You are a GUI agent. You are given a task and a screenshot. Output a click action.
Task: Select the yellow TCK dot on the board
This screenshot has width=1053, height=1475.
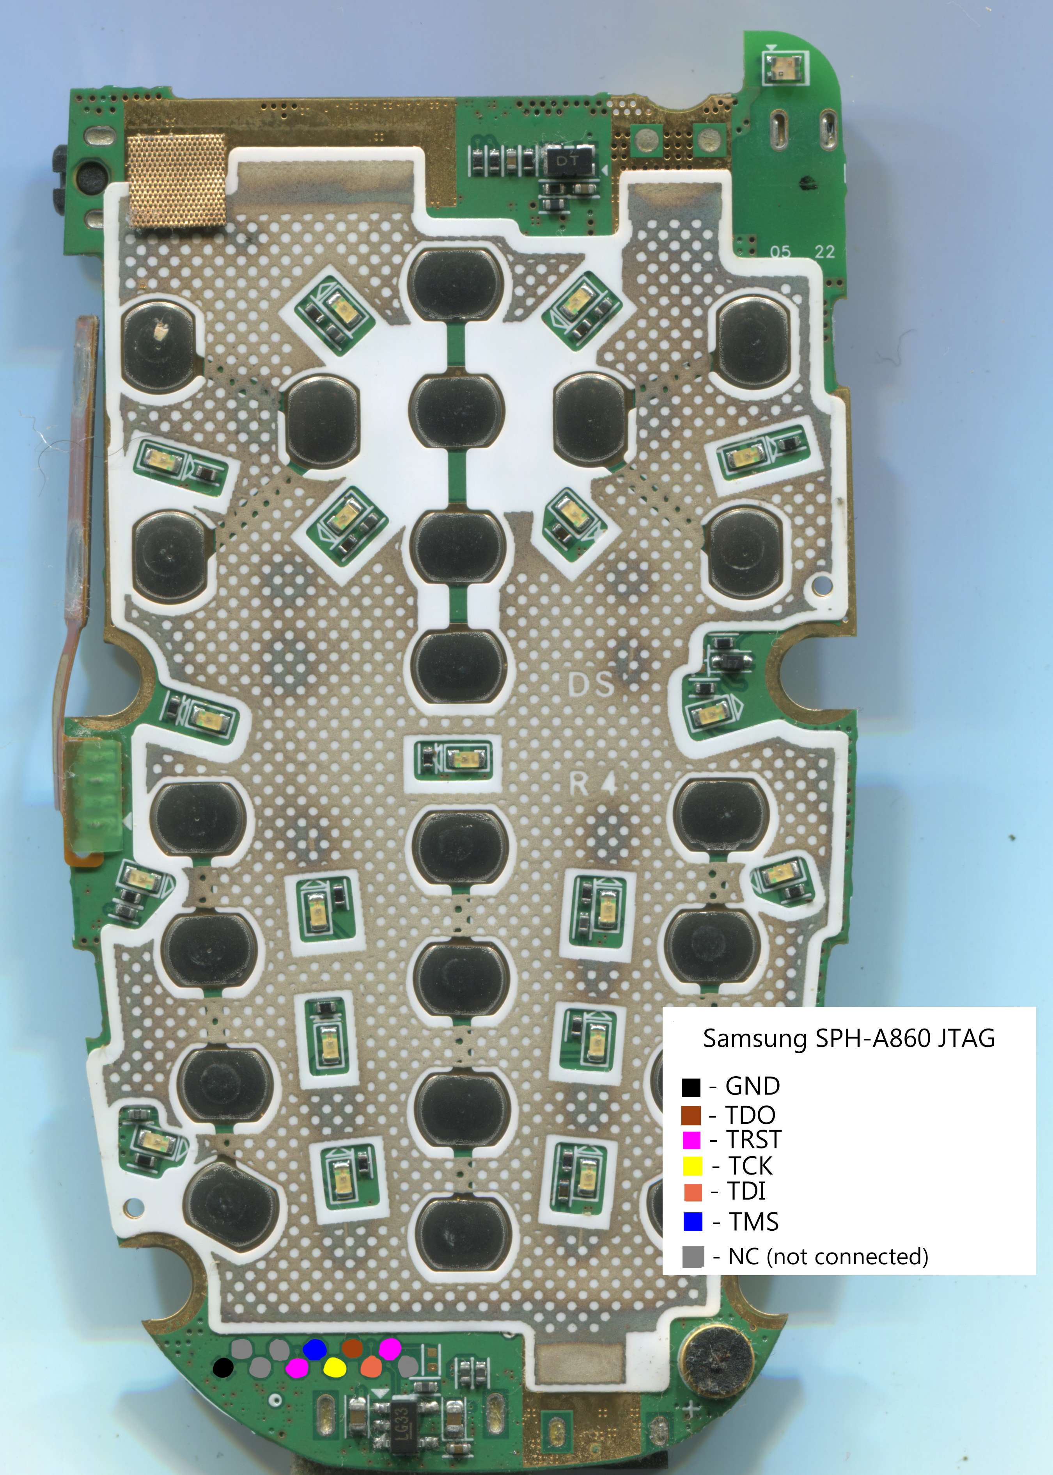[335, 1367]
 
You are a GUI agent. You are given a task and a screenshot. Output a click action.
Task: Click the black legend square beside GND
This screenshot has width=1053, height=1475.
[691, 1086]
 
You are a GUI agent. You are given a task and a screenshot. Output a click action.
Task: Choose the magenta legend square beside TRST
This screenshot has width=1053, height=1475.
[692, 1140]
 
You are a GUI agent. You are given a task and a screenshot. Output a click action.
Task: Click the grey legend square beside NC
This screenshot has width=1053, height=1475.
[693, 1257]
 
